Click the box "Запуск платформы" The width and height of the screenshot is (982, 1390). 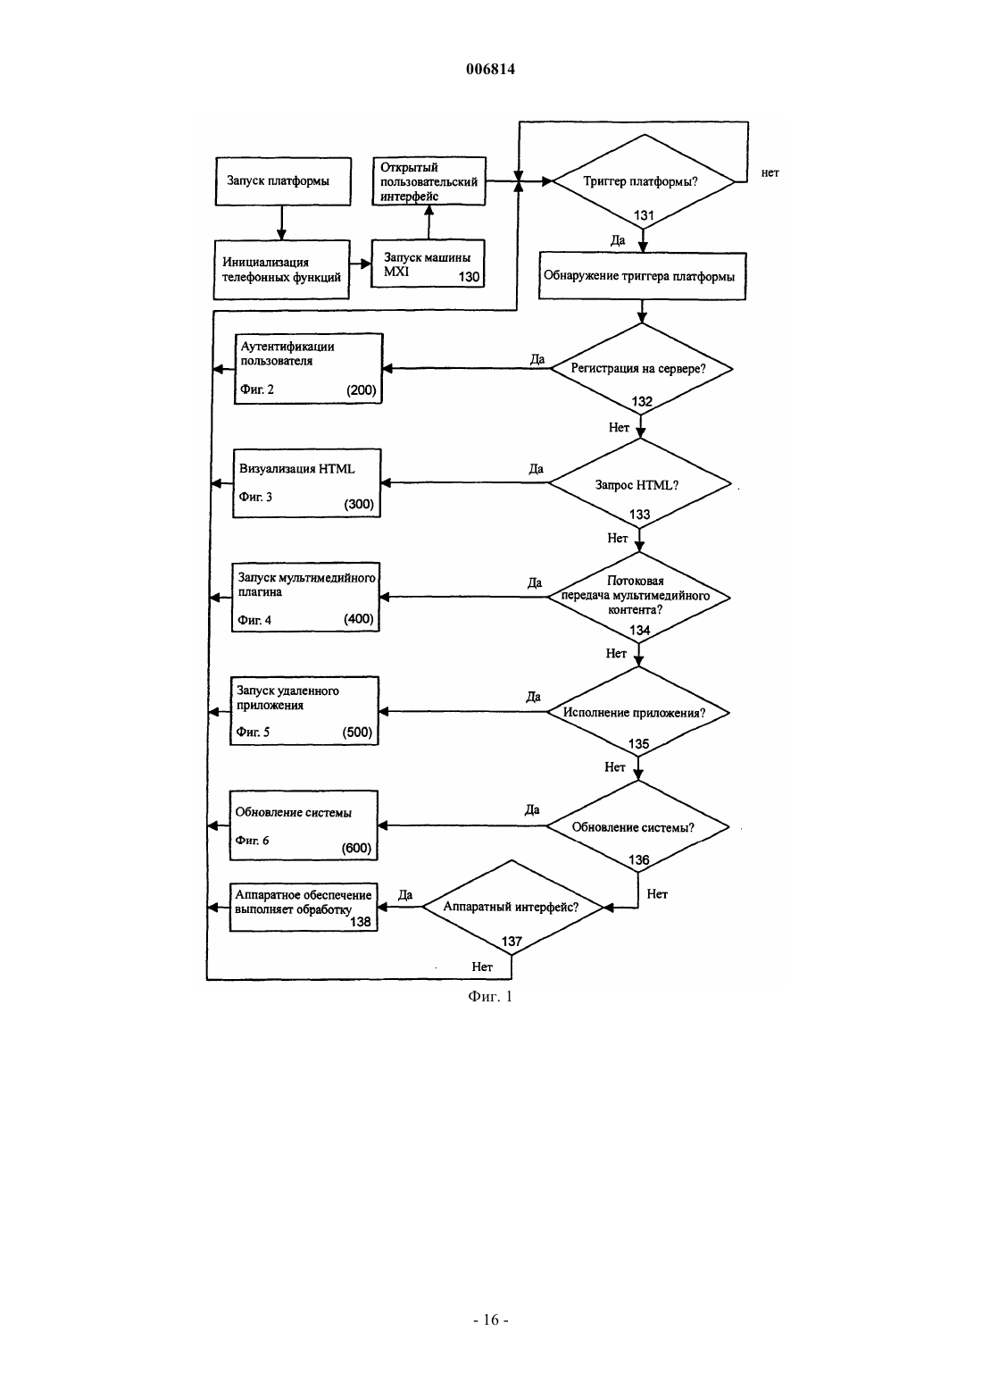pyautogui.click(x=283, y=181)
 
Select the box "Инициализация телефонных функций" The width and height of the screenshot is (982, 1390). pyautogui.click(x=281, y=270)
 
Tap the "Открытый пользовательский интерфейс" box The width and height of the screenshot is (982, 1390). pyautogui.click(x=429, y=181)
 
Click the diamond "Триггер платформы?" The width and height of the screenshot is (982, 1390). pyautogui.click(x=643, y=182)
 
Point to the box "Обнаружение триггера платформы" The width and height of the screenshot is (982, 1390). pyautogui.click(x=642, y=276)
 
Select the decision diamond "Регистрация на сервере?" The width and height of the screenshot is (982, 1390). pyautogui.click(x=642, y=369)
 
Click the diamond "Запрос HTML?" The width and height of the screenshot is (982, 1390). pyautogui.click(x=640, y=483)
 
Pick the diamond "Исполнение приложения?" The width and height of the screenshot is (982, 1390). pyautogui.click(x=638, y=712)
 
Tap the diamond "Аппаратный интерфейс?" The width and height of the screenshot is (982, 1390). pyautogui.click(x=512, y=908)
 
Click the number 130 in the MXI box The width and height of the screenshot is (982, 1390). pyautogui.click(x=469, y=277)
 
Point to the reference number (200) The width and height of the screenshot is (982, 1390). pyautogui.click(x=361, y=390)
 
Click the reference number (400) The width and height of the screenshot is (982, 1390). pyautogui.click(x=358, y=619)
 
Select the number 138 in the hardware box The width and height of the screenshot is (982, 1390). pyautogui.click(x=360, y=922)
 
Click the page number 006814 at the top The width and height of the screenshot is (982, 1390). pyautogui.click(x=490, y=69)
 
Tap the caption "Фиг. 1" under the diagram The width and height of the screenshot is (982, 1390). pyautogui.click(x=490, y=996)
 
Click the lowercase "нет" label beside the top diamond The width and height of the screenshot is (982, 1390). pyautogui.click(x=770, y=173)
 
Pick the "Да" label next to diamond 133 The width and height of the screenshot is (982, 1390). pyautogui.click(x=537, y=468)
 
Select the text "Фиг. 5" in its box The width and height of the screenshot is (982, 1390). pyautogui.click(x=253, y=732)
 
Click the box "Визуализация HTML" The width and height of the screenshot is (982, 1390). pyautogui.click(x=307, y=482)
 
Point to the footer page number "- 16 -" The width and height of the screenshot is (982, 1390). pyautogui.click(x=490, y=1319)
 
